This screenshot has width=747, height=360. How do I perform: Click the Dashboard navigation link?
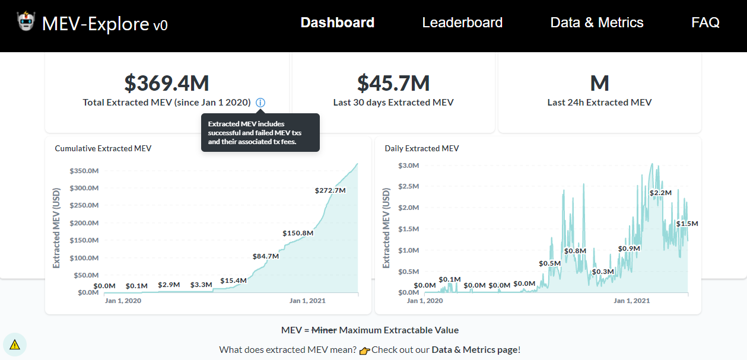tap(338, 23)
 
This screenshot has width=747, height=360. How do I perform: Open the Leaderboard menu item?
tap(462, 23)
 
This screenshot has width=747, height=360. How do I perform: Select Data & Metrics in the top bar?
tap(597, 23)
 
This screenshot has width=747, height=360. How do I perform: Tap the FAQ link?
tap(705, 23)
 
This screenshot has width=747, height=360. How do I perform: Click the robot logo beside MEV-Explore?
tap(26, 21)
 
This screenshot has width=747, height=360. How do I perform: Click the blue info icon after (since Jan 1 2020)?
tap(260, 103)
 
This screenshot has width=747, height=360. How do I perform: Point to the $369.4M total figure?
tap(167, 83)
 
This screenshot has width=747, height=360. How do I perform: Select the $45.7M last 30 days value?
tap(393, 83)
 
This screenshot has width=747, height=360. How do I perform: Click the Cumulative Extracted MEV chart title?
tap(103, 148)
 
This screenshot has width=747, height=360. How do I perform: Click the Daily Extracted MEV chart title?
tap(422, 148)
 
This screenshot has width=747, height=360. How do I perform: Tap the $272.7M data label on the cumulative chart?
tap(330, 190)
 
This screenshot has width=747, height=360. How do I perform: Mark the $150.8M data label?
tap(298, 233)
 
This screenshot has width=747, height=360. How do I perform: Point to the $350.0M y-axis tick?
tap(84, 171)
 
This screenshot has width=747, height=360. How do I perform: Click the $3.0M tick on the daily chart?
tap(409, 165)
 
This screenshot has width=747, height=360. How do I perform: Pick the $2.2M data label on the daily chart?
tap(660, 193)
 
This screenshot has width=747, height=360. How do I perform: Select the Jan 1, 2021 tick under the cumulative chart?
tap(307, 301)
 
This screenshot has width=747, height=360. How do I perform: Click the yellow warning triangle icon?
tap(15, 345)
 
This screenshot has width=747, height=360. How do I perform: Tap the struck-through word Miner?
tap(324, 330)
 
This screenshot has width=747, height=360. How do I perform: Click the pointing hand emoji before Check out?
tap(364, 351)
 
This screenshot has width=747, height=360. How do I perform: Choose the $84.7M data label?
tap(265, 256)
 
